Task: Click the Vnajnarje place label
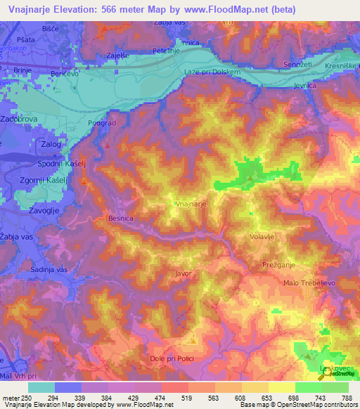[x=191, y=204]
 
